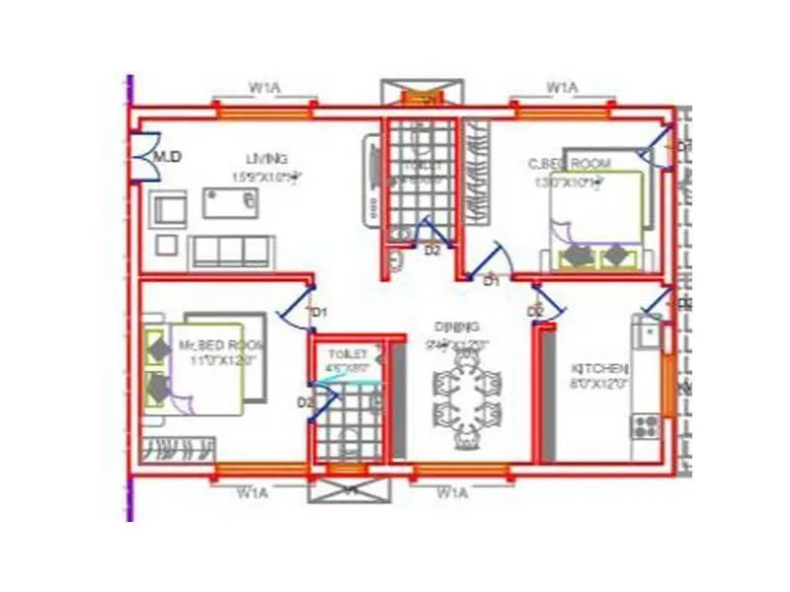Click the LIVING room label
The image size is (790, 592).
267,159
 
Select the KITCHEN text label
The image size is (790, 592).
599,368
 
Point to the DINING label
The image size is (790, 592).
456,327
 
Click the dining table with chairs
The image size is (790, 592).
467,396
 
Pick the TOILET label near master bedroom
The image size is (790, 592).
348,353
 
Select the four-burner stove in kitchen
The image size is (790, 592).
646,425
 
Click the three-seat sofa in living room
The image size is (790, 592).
232,252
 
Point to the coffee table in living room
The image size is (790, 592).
232,202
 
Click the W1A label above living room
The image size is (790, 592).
264,89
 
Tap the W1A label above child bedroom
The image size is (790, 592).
562,89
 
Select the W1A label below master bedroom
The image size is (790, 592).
255,490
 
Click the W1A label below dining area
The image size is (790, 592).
452,490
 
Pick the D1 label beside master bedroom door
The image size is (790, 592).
318,313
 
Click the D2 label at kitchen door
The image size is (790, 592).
535,312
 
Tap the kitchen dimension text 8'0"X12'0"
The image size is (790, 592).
599,383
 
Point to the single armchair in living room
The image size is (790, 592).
168,210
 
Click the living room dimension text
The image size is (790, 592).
267,178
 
